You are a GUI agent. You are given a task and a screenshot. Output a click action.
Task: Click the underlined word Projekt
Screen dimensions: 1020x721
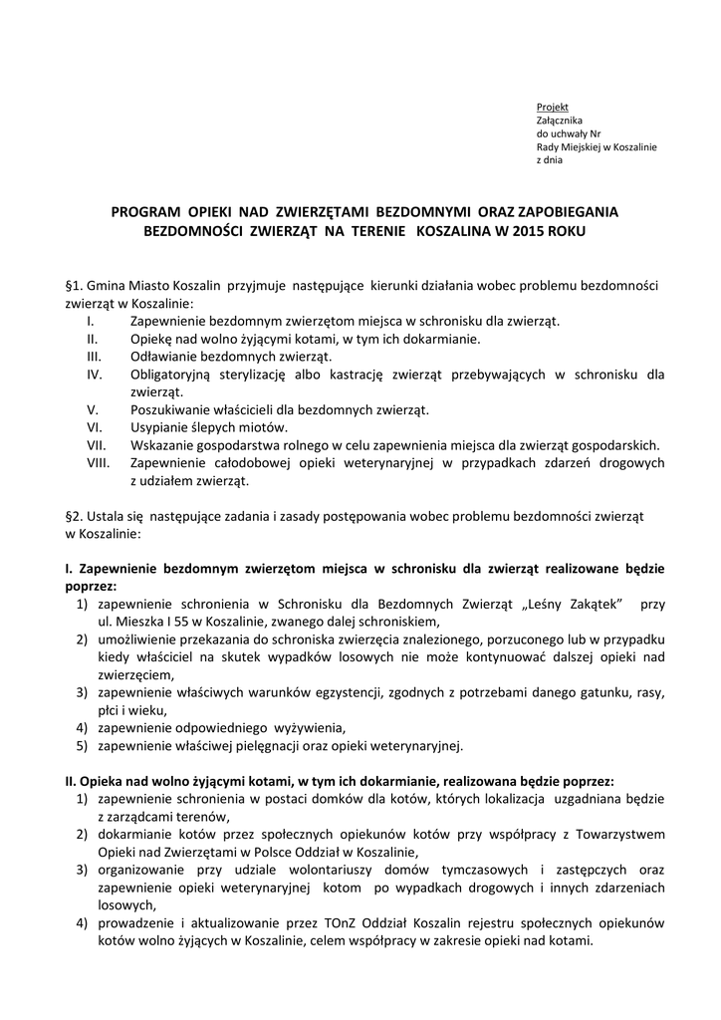pyautogui.click(x=552, y=107)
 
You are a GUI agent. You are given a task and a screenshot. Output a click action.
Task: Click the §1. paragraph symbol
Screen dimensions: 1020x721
pyautogui.click(x=72, y=286)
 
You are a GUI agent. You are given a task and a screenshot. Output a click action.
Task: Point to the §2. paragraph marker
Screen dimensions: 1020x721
pyautogui.click(x=72, y=517)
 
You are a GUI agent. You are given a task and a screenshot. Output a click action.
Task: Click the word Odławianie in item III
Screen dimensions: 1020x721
pyautogui.click(x=163, y=357)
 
